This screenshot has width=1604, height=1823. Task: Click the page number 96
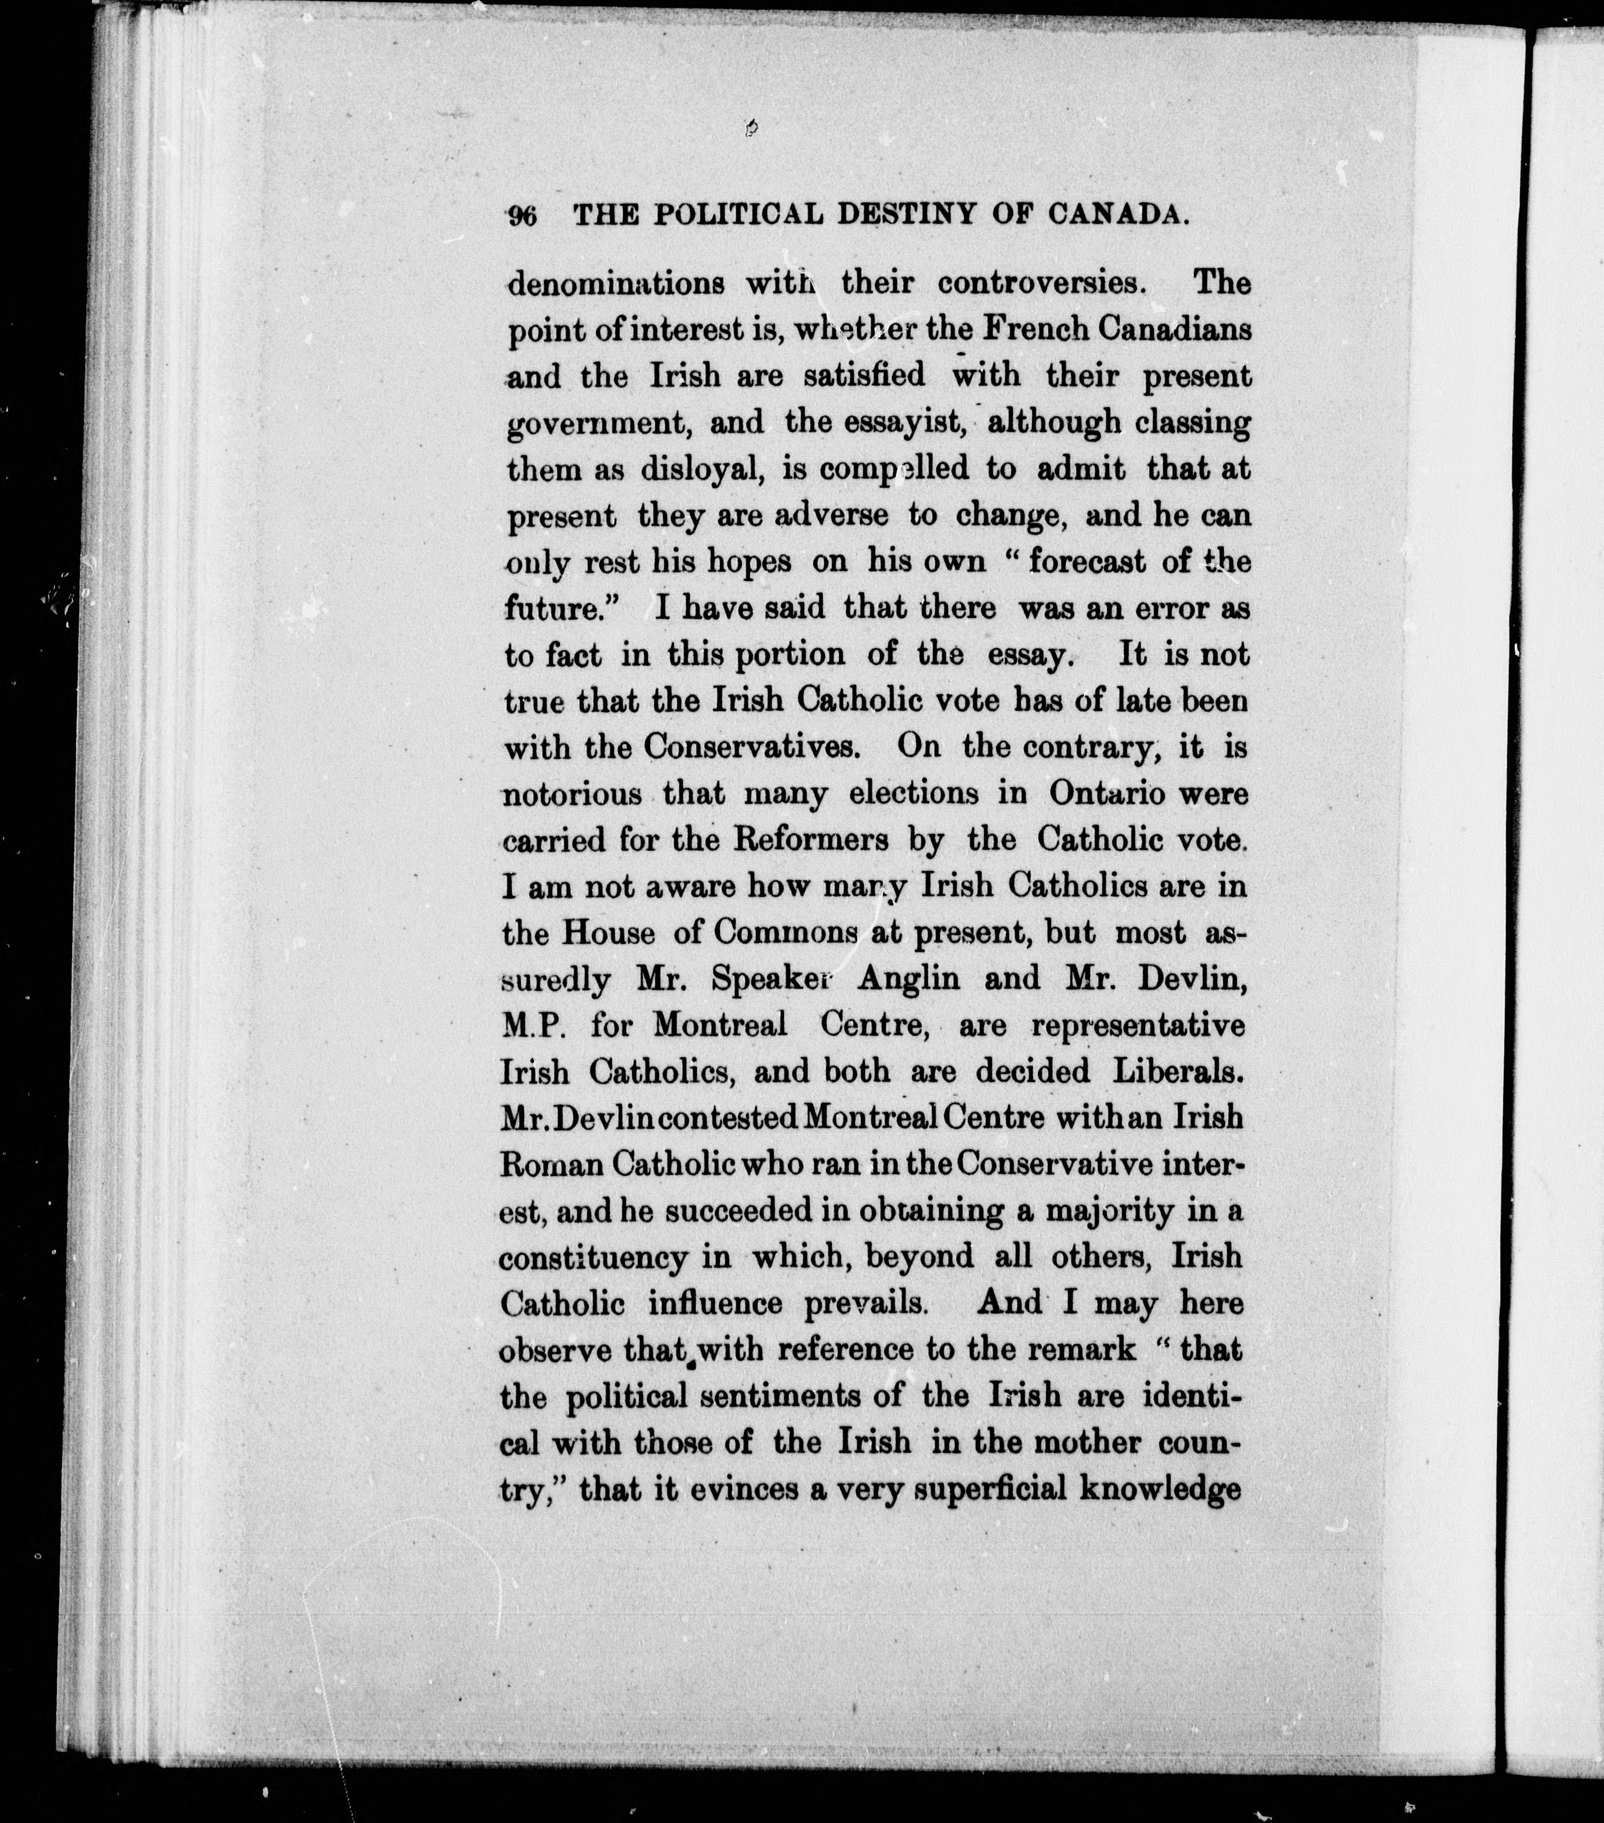tap(521, 217)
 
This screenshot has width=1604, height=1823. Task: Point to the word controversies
tap(1039, 284)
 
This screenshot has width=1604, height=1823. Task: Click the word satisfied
tap(864, 375)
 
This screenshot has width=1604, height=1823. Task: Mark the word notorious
tap(571, 794)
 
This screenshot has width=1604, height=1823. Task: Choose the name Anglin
tap(908, 979)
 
